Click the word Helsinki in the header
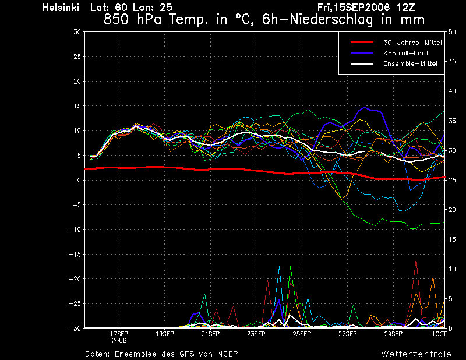coord(61,8)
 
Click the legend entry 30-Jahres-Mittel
coord(412,43)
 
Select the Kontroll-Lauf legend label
coord(405,53)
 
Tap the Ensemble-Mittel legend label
coord(410,63)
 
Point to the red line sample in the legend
coord(362,43)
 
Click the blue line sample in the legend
coord(362,53)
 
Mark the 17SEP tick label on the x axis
coord(119,334)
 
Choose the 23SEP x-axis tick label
coord(256,334)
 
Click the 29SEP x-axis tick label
coord(393,334)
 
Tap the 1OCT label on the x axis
coord(439,334)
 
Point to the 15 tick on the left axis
coord(77,106)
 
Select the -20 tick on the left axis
coord(75,279)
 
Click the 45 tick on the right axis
coord(452,62)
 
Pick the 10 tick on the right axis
coord(452,269)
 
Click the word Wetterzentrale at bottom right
coord(416,354)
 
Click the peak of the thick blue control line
coord(365,107)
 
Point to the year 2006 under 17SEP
coord(119,341)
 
